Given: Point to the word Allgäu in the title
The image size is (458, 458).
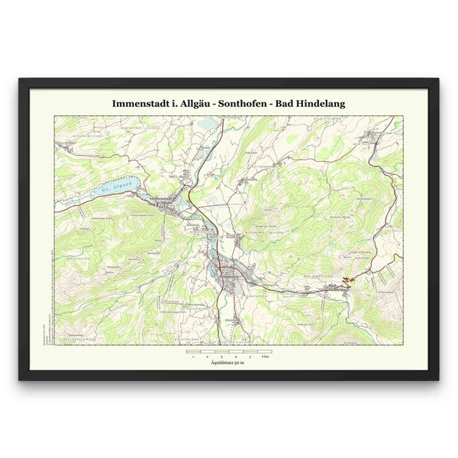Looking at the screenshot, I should pos(190,102).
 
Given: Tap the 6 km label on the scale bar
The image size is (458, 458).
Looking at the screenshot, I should pos(265,356).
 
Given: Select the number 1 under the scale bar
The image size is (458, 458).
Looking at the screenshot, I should pos(193,356).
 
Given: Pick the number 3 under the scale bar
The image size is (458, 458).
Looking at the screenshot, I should pos(222,356).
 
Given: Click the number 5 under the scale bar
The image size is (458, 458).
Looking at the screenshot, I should pos(250,356).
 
